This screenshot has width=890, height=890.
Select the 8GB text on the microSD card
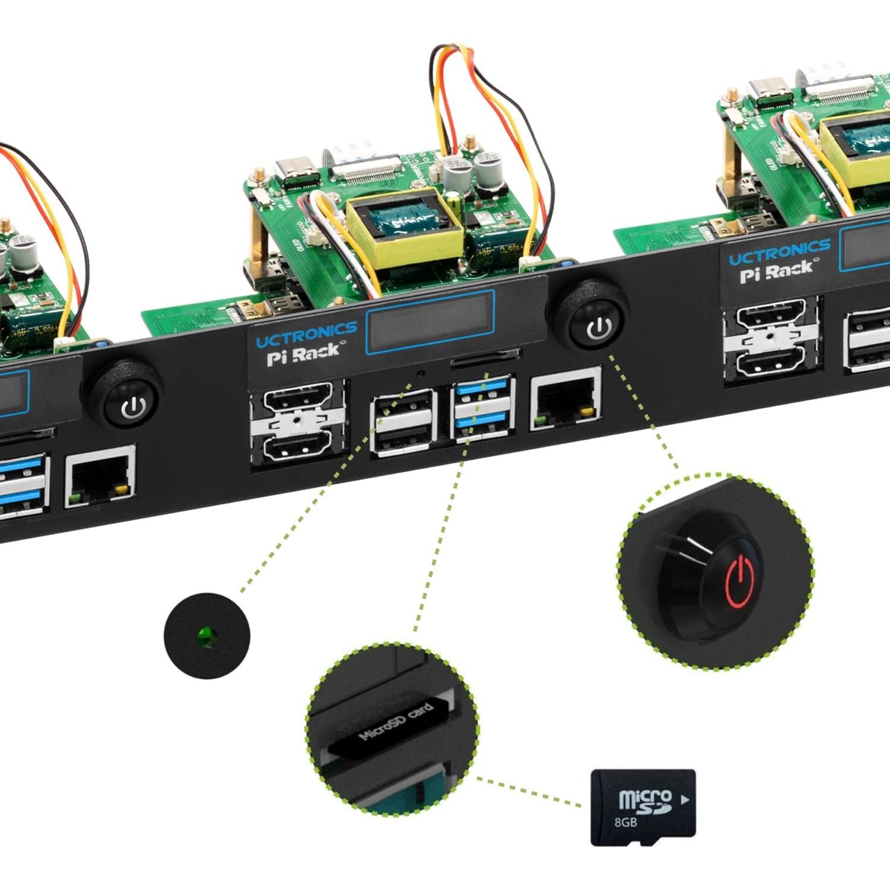[x=626, y=822]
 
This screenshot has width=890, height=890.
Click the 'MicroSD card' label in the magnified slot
[x=396, y=721]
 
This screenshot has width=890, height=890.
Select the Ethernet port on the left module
[x=100, y=474]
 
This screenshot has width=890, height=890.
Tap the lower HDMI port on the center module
[x=298, y=449]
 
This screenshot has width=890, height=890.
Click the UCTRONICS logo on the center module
[x=306, y=333]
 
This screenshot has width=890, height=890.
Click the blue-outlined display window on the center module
[x=430, y=320]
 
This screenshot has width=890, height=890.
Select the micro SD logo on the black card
[x=645, y=800]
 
